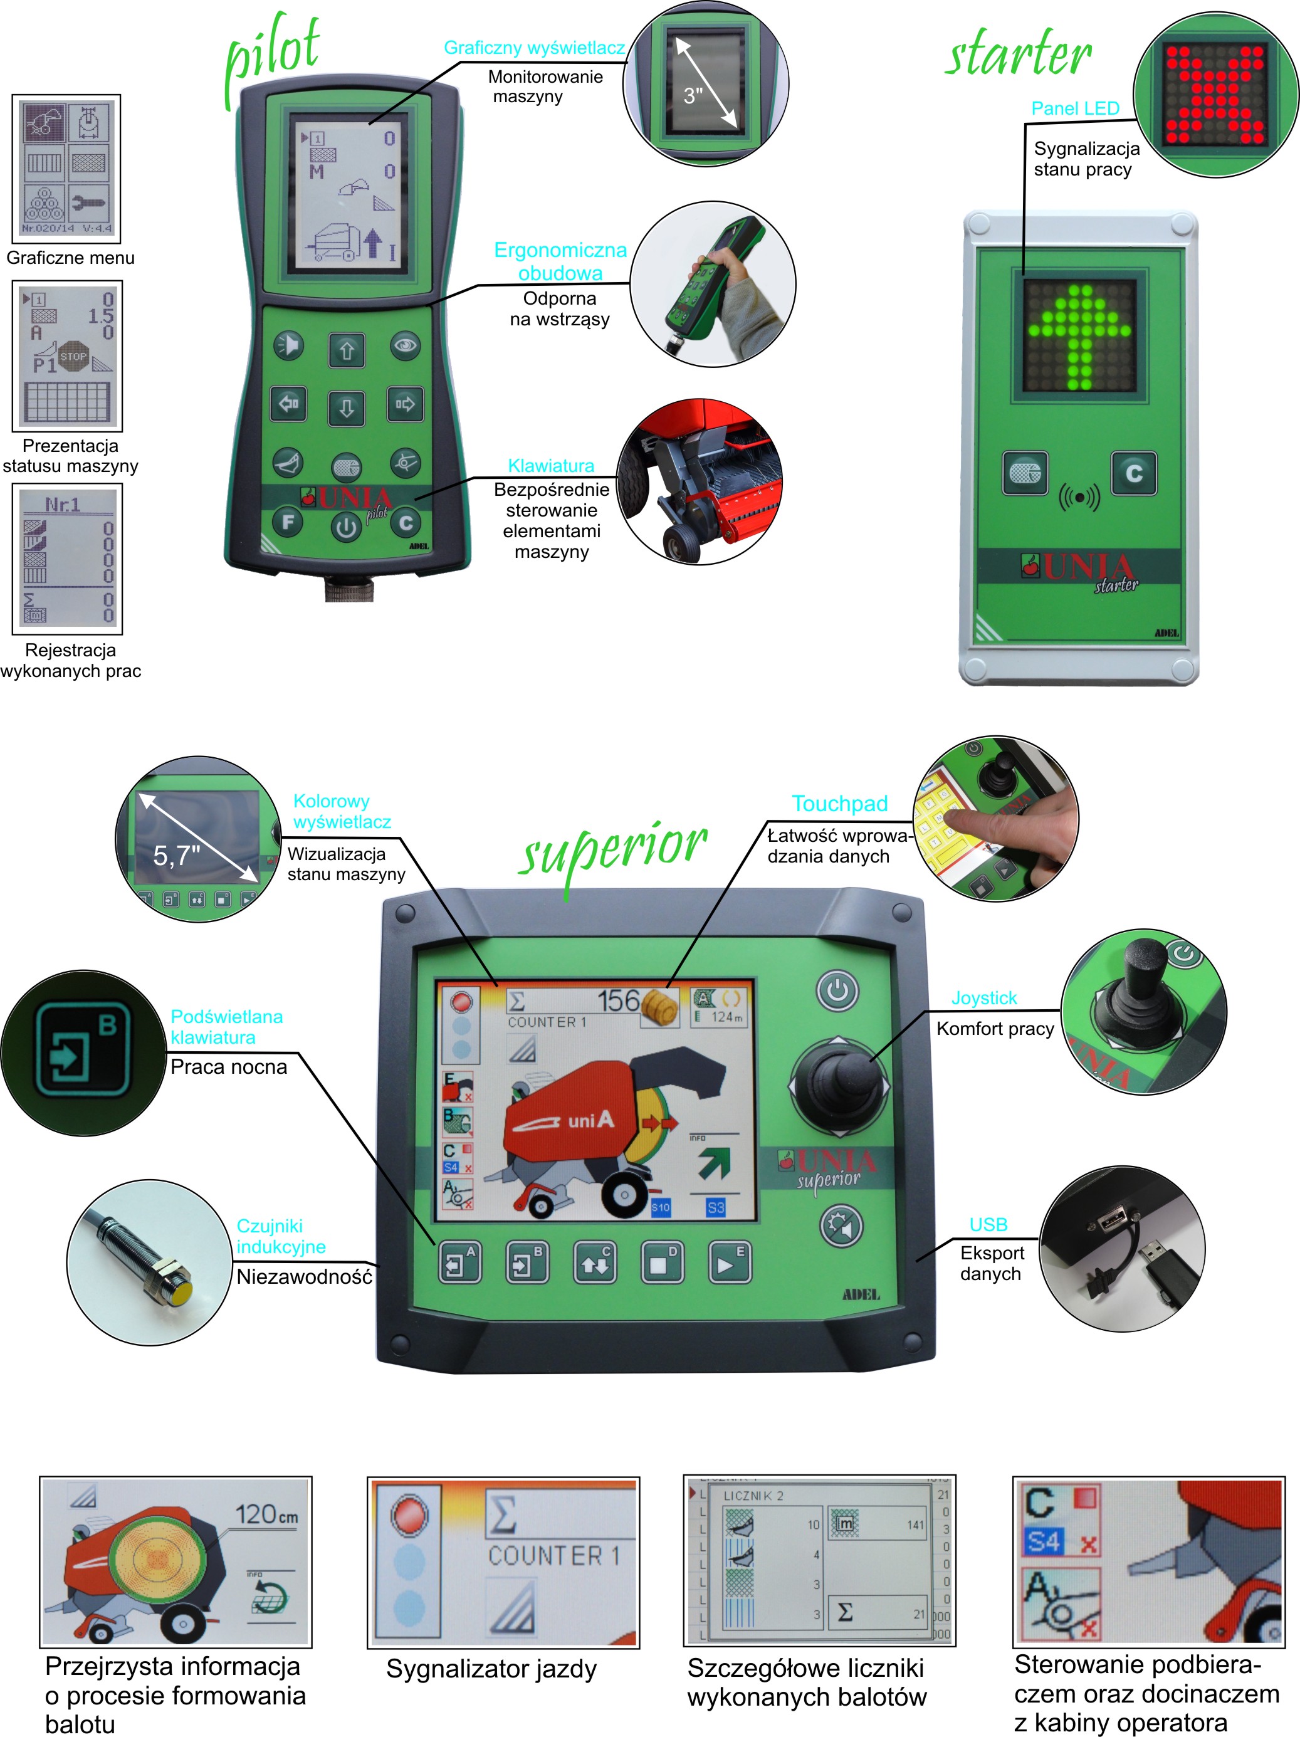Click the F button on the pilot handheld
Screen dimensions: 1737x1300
[x=288, y=522]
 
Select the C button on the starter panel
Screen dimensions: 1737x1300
[x=1133, y=473]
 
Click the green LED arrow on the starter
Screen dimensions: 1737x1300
[x=1080, y=333]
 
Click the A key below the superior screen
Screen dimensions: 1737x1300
[x=459, y=1262]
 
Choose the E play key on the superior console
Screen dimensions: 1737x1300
[x=729, y=1262]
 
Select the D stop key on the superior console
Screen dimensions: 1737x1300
[x=662, y=1262]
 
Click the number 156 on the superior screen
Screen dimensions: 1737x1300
[x=619, y=1001]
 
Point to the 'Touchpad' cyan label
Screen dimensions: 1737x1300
[x=839, y=804]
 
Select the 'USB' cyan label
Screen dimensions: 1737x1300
[x=988, y=1224]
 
